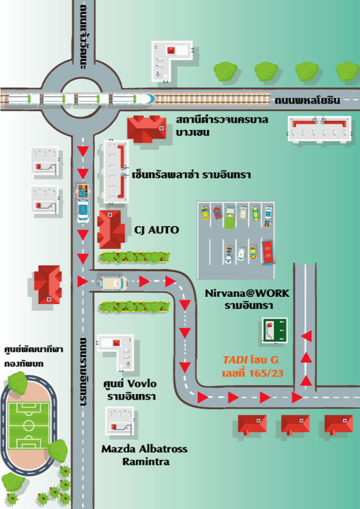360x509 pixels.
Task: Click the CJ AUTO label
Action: point(157,230)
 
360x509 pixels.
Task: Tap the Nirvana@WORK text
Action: point(247,293)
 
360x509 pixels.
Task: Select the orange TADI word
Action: point(235,360)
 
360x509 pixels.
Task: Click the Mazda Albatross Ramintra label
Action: point(145,455)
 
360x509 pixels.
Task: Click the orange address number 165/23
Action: point(266,374)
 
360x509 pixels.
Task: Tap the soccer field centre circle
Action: point(29,425)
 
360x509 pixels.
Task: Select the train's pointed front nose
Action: point(152,99)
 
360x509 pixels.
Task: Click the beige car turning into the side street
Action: point(113,283)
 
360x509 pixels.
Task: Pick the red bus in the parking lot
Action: point(267,253)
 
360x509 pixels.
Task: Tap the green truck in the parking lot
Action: point(230,217)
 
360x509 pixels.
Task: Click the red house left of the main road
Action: point(48,284)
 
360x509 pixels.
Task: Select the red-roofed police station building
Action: point(147,129)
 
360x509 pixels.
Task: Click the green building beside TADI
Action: point(275,330)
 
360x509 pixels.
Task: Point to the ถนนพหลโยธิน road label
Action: point(307,100)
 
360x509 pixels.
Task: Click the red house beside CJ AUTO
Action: point(111,229)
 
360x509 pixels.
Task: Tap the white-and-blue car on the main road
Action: point(83,211)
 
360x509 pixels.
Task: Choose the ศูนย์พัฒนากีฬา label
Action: point(33,349)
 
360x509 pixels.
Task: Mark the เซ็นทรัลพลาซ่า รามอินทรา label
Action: point(191,175)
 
